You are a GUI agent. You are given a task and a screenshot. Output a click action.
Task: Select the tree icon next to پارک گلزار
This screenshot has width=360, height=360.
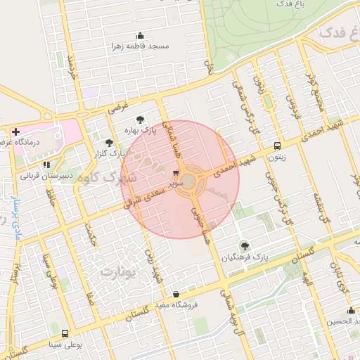[108, 143]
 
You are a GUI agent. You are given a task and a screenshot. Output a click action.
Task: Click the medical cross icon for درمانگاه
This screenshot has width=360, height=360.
[15, 131]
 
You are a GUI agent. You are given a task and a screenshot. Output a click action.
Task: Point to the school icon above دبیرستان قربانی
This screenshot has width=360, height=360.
[47, 165]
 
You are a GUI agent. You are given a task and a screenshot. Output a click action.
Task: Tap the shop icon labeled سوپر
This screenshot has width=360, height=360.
[176, 171]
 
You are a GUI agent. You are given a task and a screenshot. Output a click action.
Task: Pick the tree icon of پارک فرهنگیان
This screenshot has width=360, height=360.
[244, 245]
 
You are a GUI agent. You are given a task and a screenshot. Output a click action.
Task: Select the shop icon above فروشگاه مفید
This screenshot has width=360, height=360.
[175, 294]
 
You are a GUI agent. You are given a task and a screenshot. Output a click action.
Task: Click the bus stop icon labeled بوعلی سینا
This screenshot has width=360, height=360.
[65, 333]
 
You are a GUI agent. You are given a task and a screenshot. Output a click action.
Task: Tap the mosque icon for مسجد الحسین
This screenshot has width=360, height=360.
[351, 311]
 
